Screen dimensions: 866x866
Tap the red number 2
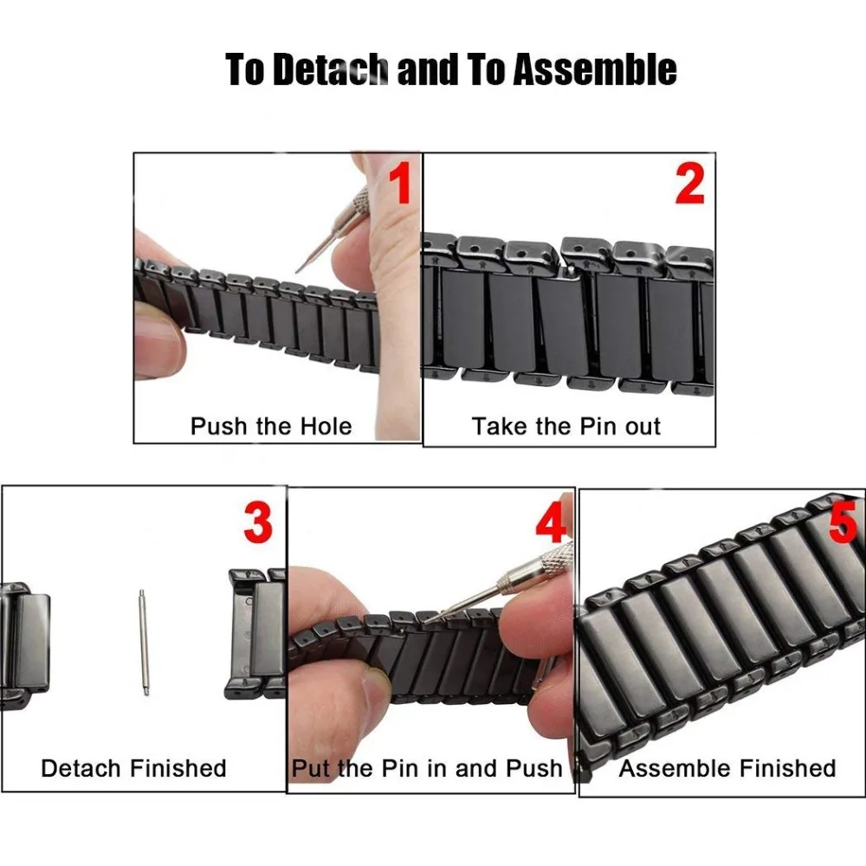tap(690, 184)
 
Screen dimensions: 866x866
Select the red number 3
tap(258, 522)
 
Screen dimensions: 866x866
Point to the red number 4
tap(550, 522)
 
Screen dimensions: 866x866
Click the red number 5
tap(843, 522)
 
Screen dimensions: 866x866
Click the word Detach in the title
tap(330, 69)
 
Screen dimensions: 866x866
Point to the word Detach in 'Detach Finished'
tap(81, 768)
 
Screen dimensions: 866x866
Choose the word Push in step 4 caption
tap(534, 768)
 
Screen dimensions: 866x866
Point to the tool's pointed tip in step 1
tap(297, 271)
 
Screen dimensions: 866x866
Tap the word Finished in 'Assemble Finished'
tap(787, 768)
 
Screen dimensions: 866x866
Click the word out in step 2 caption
tap(643, 426)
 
